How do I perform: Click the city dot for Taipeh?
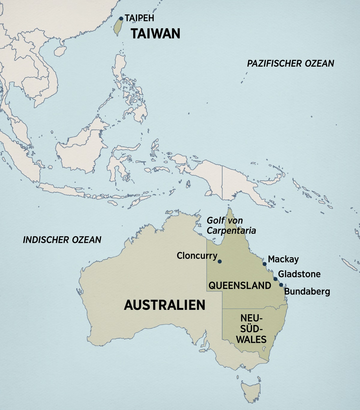click(x=121, y=19)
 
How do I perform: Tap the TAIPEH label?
click(x=139, y=18)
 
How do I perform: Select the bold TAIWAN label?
click(x=155, y=34)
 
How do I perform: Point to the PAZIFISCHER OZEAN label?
click(x=290, y=64)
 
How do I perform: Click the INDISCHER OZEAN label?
click(x=62, y=240)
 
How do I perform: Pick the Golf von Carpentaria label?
click(x=231, y=225)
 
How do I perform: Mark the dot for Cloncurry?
click(x=220, y=261)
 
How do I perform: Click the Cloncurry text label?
click(x=197, y=256)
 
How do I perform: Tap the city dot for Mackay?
click(x=265, y=264)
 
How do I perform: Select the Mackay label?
click(x=283, y=259)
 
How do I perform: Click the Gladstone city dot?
click(x=275, y=279)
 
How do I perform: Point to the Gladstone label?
click(x=299, y=274)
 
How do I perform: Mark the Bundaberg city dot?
click(x=281, y=285)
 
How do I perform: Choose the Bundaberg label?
click(x=307, y=291)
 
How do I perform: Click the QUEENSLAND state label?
click(x=240, y=285)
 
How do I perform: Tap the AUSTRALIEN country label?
click(x=165, y=305)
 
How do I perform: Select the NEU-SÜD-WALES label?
click(x=251, y=329)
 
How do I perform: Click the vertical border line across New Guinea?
click(x=222, y=183)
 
